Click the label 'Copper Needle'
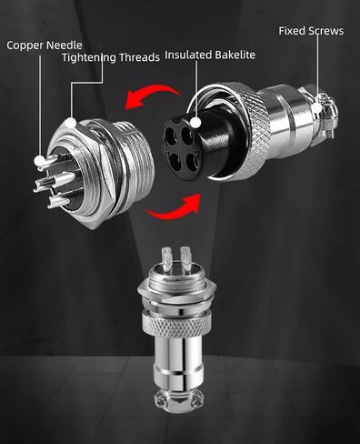pyautogui.click(x=45, y=45)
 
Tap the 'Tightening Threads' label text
pyautogui.click(x=111, y=57)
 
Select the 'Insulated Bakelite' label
pyautogui.click(x=210, y=55)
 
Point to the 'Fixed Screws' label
pyautogui.click(x=311, y=31)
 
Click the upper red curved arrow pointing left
pyautogui.click(x=152, y=93)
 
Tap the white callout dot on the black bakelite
pyautogui.click(x=196, y=123)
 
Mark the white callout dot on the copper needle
pyautogui.click(x=40, y=161)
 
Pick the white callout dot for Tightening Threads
pyautogui.click(x=72, y=123)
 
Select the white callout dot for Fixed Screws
pyautogui.click(x=317, y=108)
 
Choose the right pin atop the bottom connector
pyautogui.click(x=185, y=256)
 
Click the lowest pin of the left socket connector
pyautogui.click(x=59, y=201)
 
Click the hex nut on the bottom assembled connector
pyautogui.click(x=176, y=288)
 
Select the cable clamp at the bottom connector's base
pyautogui.click(x=177, y=400)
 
